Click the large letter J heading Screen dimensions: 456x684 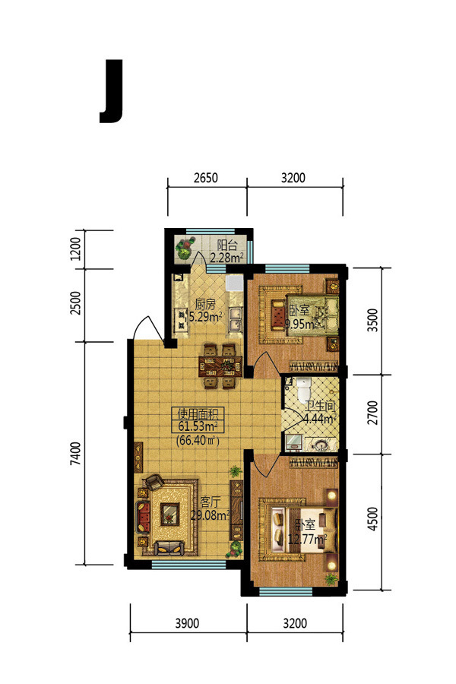pos(112,91)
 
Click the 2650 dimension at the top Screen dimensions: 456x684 pos(205,178)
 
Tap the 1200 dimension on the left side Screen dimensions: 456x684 pos(75,249)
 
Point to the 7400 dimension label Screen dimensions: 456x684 pos(75,453)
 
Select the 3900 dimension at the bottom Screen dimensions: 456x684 pos(187,623)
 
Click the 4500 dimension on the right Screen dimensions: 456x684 pos(372,518)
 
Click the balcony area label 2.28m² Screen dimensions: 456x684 pos(226,258)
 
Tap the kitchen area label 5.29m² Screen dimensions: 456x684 pos(205,316)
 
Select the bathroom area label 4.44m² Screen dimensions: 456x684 pos(319,419)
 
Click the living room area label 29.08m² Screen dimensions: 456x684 pos(211,515)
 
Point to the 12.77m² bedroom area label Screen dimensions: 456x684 pos(308,539)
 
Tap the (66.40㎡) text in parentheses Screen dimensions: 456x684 pos(198,440)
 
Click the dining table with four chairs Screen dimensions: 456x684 pos(220,366)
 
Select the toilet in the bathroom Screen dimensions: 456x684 pos(303,389)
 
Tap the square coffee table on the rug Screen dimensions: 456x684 pos(169,515)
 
